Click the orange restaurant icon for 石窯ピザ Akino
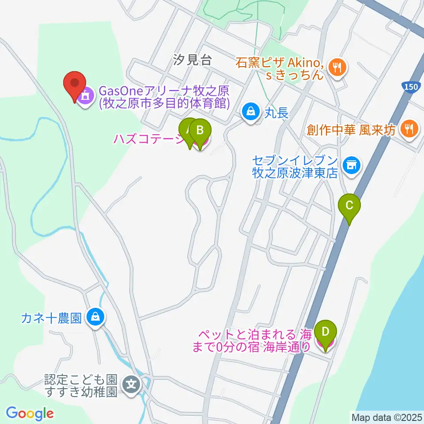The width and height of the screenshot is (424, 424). pyautogui.click(x=339, y=68)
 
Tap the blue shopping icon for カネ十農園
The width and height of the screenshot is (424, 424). pyautogui.click(x=96, y=317)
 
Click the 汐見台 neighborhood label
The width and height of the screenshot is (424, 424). pyautogui.click(x=193, y=60)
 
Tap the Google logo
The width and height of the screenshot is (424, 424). pyautogui.click(x=30, y=413)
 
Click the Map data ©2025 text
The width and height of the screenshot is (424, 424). pyautogui.click(x=386, y=417)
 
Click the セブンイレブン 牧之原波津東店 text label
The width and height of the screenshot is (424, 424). pyautogui.click(x=295, y=166)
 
